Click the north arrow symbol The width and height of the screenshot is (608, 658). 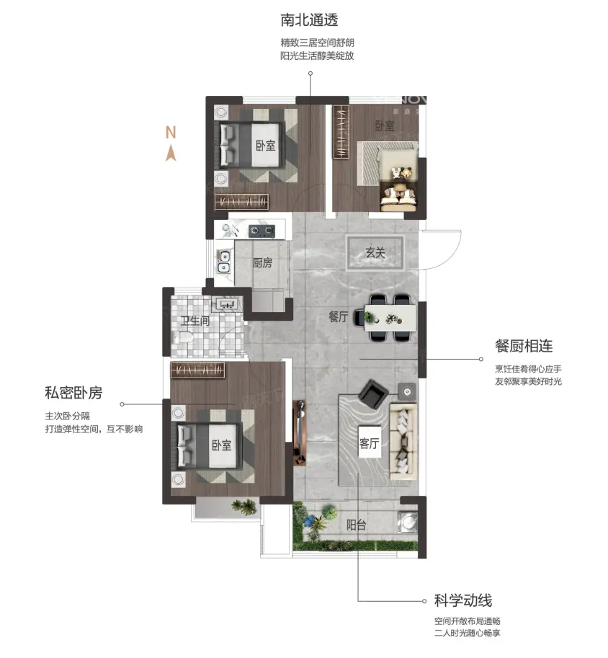click(x=170, y=154)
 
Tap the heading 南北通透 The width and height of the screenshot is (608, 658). click(x=309, y=19)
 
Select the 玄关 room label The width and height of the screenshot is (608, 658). click(x=375, y=253)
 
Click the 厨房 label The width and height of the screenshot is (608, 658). click(x=262, y=263)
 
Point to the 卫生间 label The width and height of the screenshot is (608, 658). click(x=195, y=321)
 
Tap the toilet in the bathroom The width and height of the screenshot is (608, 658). click(x=182, y=337)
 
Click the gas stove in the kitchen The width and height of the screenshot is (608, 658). click(x=261, y=231)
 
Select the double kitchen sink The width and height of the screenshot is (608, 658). click(x=223, y=262)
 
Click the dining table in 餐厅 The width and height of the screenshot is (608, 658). click(x=390, y=318)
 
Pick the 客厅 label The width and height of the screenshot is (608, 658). click(x=370, y=443)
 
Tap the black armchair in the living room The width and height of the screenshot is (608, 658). click(x=373, y=394)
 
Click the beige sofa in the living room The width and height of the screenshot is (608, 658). click(x=403, y=441)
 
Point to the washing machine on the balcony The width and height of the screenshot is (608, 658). click(x=406, y=522)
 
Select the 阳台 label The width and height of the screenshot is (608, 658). click(x=357, y=525)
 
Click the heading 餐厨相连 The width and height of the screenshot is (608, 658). click(x=524, y=346)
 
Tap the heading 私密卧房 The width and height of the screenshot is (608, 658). click(x=73, y=393)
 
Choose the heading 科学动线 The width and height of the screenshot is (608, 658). click(x=462, y=600)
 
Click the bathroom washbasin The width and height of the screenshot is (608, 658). click(x=227, y=304)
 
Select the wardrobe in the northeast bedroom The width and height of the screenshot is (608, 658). click(x=341, y=132)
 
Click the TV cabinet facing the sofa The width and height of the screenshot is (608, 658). click(x=300, y=432)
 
